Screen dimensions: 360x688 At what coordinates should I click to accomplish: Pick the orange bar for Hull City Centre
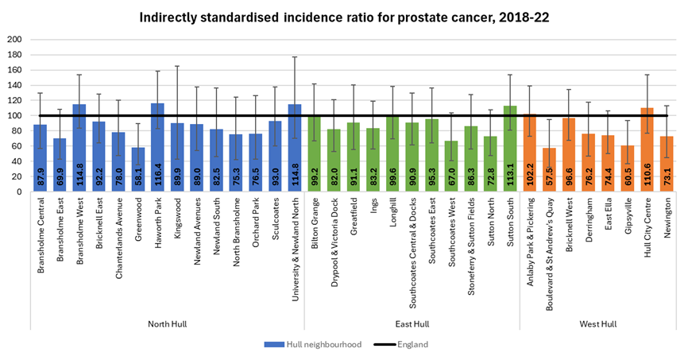(647, 150)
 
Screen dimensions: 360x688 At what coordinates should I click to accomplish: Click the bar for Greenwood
(138, 169)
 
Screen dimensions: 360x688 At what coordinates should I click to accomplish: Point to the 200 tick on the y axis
(15, 39)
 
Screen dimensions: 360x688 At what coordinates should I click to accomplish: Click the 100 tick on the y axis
(15, 115)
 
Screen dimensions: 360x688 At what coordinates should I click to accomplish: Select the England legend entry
(400, 344)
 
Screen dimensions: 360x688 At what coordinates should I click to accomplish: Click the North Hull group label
(167, 323)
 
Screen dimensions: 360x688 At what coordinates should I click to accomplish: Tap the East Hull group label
(413, 323)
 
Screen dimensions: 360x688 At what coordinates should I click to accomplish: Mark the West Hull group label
(602, 323)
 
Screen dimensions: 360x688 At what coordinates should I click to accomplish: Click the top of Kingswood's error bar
(176, 66)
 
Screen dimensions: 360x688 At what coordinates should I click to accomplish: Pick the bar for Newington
(667, 165)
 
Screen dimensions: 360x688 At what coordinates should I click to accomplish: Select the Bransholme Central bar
(41, 158)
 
